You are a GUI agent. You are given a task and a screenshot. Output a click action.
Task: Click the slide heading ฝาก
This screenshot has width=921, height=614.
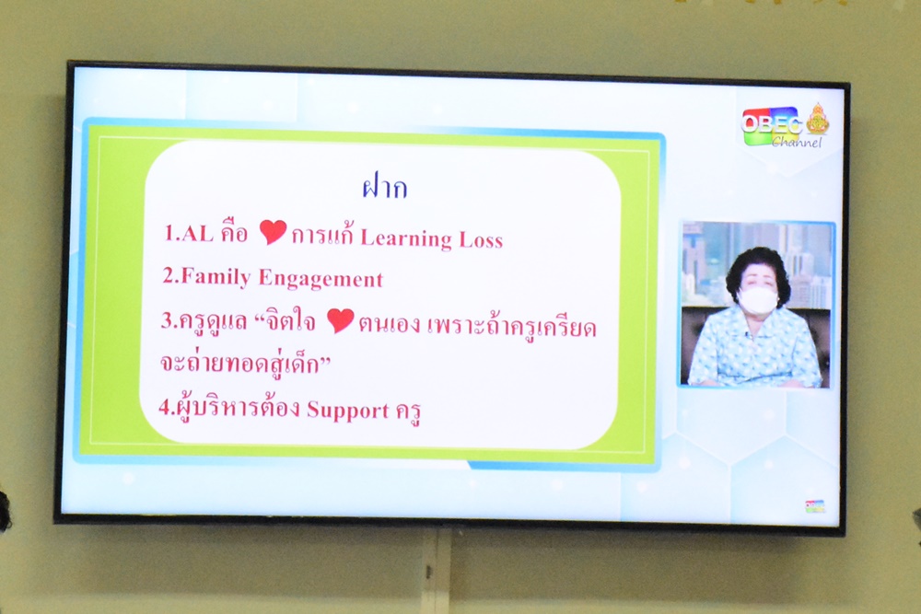[x=385, y=187]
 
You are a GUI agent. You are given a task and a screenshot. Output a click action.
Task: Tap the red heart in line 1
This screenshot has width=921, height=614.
[x=274, y=232]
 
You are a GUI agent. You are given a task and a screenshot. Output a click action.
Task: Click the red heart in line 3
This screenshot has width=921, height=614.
[x=341, y=320]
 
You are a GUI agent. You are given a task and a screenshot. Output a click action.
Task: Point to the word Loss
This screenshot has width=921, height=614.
[x=481, y=240]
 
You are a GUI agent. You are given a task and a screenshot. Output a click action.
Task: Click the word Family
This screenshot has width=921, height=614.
[x=216, y=276]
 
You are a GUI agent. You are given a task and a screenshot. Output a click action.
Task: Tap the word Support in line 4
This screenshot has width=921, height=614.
[x=348, y=410]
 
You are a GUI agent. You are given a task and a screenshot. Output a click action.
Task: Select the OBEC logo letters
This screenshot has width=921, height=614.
[x=772, y=124]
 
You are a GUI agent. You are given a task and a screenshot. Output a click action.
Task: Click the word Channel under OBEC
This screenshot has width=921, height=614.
[x=797, y=142]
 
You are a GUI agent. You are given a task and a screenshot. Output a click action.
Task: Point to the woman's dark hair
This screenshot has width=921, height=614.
[x=753, y=267]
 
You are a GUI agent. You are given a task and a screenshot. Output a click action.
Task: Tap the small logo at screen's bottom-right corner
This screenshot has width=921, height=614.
[x=815, y=506]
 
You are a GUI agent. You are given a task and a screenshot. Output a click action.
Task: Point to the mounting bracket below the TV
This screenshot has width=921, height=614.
[x=437, y=571]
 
